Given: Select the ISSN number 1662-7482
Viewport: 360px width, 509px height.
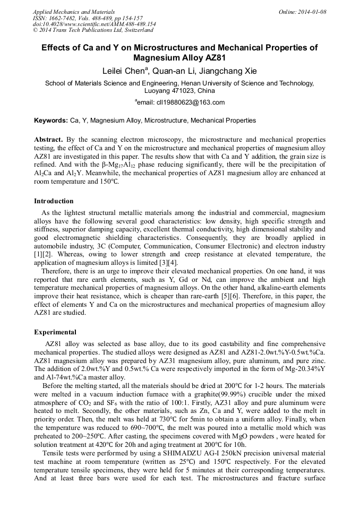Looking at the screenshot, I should (63, 18).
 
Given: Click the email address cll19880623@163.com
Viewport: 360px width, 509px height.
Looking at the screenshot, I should (183, 102).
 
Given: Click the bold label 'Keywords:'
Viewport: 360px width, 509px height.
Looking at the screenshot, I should (51, 120).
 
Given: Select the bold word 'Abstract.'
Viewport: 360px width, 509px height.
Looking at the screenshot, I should (49, 139).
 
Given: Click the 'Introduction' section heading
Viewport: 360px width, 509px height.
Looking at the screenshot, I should (54, 201).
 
